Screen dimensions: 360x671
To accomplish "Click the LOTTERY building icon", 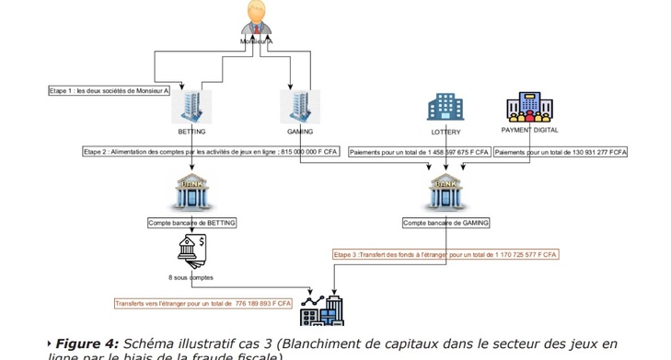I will tap(445, 108).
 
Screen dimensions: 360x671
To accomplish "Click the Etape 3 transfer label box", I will tap(445, 253).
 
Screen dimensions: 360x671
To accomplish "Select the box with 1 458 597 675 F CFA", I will tap(419, 151).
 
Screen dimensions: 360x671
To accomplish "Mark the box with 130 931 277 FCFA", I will tap(560, 151).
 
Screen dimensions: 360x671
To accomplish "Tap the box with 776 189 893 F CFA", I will tap(203, 303).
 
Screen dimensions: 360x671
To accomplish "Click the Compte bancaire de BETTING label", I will tap(192, 223).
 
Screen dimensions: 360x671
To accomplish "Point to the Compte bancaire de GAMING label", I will tap(446, 223).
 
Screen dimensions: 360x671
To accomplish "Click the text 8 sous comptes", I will tap(191, 276).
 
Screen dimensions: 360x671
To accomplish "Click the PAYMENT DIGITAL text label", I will tap(529, 131).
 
